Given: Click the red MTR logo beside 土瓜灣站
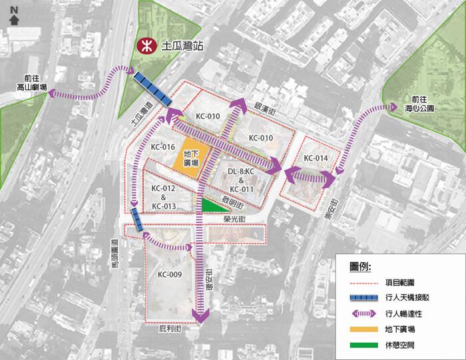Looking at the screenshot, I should click(x=142, y=46).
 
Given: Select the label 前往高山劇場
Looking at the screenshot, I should click(x=31, y=83).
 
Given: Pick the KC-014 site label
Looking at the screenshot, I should click(x=316, y=158).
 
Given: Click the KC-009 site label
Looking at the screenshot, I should click(x=170, y=274).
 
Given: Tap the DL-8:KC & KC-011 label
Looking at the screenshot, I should click(x=241, y=180).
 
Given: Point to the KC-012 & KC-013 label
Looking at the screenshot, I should click(x=164, y=197).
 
